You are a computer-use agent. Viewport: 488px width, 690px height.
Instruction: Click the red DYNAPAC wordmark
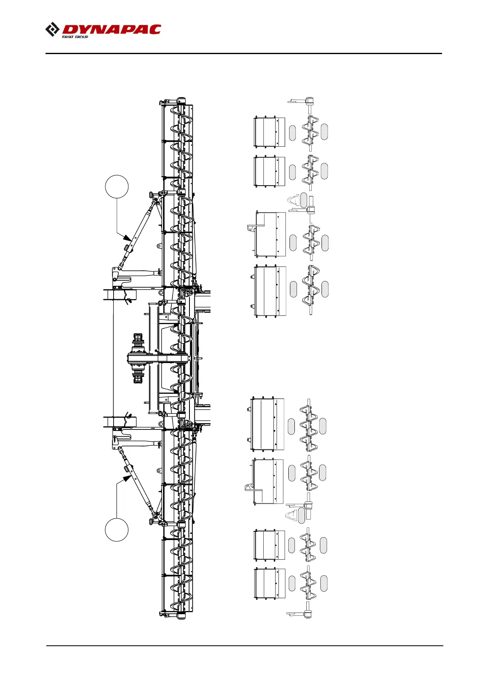point(112,29)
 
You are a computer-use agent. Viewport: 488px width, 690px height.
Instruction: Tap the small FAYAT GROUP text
point(75,37)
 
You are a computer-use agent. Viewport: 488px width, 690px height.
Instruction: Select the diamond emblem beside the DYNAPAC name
point(52,30)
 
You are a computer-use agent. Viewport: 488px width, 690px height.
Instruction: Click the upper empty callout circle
point(117,187)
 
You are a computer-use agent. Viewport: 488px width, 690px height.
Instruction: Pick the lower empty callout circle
point(117,530)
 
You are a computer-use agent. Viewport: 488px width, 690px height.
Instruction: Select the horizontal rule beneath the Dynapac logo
point(244,53)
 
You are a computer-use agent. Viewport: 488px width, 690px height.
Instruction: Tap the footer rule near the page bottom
point(244,646)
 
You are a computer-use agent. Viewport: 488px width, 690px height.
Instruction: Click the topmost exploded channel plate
point(269,132)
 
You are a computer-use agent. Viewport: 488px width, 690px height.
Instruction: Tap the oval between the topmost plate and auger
point(292,133)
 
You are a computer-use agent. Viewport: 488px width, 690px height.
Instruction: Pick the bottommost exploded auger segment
point(308,583)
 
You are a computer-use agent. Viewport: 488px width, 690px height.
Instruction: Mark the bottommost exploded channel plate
point(269,583)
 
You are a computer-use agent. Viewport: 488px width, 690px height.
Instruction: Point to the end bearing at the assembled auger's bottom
point(181,616)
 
